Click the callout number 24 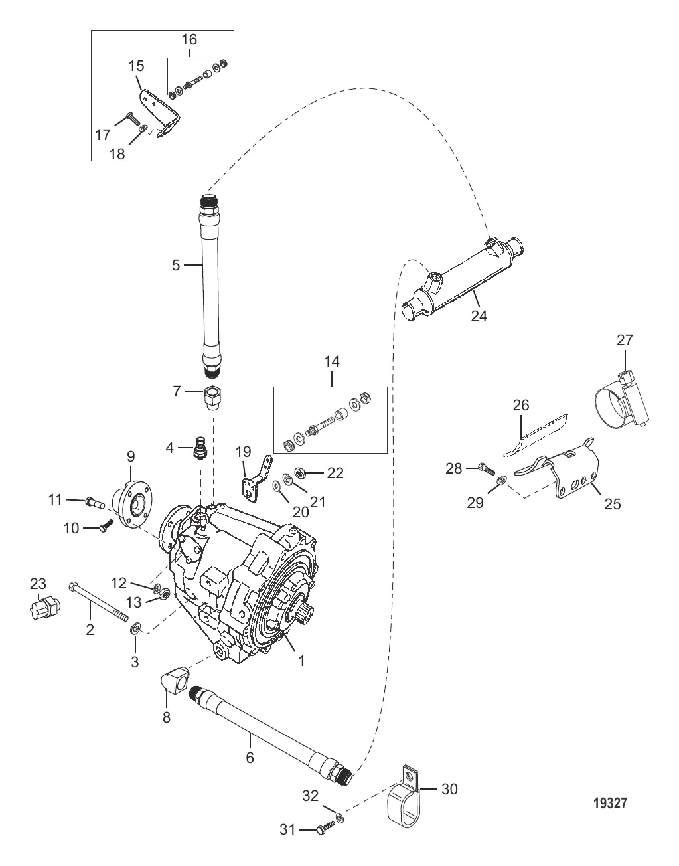pos(479,316)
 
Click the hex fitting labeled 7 pos(212,396)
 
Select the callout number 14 pos(331,361)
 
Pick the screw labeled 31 pos(323,829)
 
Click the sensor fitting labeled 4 pos(198,449)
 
